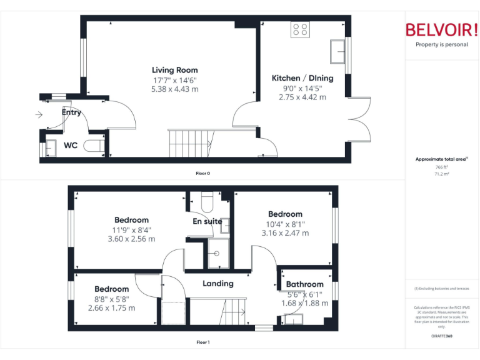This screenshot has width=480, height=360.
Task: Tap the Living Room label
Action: click(x=175, y=70)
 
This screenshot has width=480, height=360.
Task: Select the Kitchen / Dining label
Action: click(x=302, y=78)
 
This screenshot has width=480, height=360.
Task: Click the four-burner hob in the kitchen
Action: click(x=299, y=29)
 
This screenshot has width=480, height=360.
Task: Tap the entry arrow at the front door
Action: click(x=39, y=115)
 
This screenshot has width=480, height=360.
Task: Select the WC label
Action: click(x=71, y=146)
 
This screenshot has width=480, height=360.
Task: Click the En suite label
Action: click(x=207, y=221)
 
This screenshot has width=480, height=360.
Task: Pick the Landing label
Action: click(x=218, y=283)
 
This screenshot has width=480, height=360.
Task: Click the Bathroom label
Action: click(x=305, y=284)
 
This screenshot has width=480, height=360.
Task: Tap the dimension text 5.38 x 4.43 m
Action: click(x=175, y=89)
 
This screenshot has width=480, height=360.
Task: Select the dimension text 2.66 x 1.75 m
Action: click(x=111, y=307)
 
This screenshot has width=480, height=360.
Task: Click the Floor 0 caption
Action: click(x=202, y=172)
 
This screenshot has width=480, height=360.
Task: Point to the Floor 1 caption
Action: click(x=202, y=342)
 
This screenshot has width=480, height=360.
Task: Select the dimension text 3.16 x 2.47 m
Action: click(x=285, y=233)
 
